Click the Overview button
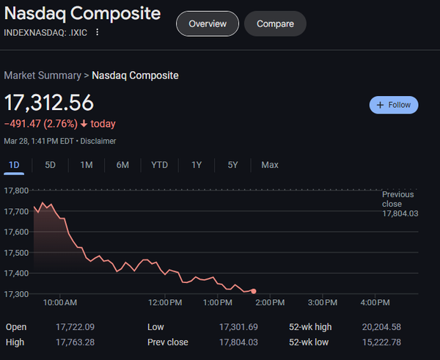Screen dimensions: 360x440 point(208,23)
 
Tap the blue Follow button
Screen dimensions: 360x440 point(394,105)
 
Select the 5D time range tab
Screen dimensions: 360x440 point(50,165)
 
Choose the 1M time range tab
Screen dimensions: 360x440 point(87,165)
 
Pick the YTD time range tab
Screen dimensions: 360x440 point(159,165)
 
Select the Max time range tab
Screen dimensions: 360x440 point(270,165)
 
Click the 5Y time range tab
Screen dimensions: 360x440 point(232,165)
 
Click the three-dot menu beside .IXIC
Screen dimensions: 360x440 point(98,32)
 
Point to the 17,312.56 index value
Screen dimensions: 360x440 point(49,103)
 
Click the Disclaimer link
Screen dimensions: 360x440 point(98,141)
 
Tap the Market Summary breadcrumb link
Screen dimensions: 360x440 point(43,75)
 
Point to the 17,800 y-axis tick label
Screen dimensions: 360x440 point(16,191)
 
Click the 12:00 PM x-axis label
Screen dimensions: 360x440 point(165,302)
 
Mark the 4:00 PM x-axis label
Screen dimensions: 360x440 point(375,302)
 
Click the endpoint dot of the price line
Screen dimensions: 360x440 point(254,291)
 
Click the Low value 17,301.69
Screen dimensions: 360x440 point(240,327)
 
